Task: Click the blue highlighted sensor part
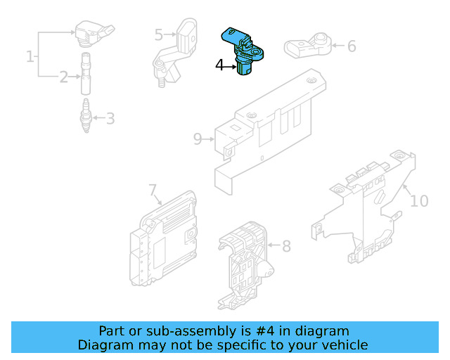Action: point(243,50)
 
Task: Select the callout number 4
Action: point(219,65)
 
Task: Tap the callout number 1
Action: point(30,56)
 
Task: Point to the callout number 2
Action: point(64,77)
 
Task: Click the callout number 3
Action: point(110,119)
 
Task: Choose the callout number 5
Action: point(159,34)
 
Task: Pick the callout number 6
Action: point(352,46)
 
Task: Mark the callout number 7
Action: point(153,190)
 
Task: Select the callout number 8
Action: point(286,246)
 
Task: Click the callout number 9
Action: point(198,139)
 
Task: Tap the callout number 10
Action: point(419,201)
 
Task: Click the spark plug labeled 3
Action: point(86,115)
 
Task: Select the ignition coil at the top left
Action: point(94,32)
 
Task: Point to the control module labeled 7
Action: point(163,238)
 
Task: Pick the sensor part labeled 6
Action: point(308,46)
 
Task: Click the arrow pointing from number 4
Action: point(230,67)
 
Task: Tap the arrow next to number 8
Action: point(274,245)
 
